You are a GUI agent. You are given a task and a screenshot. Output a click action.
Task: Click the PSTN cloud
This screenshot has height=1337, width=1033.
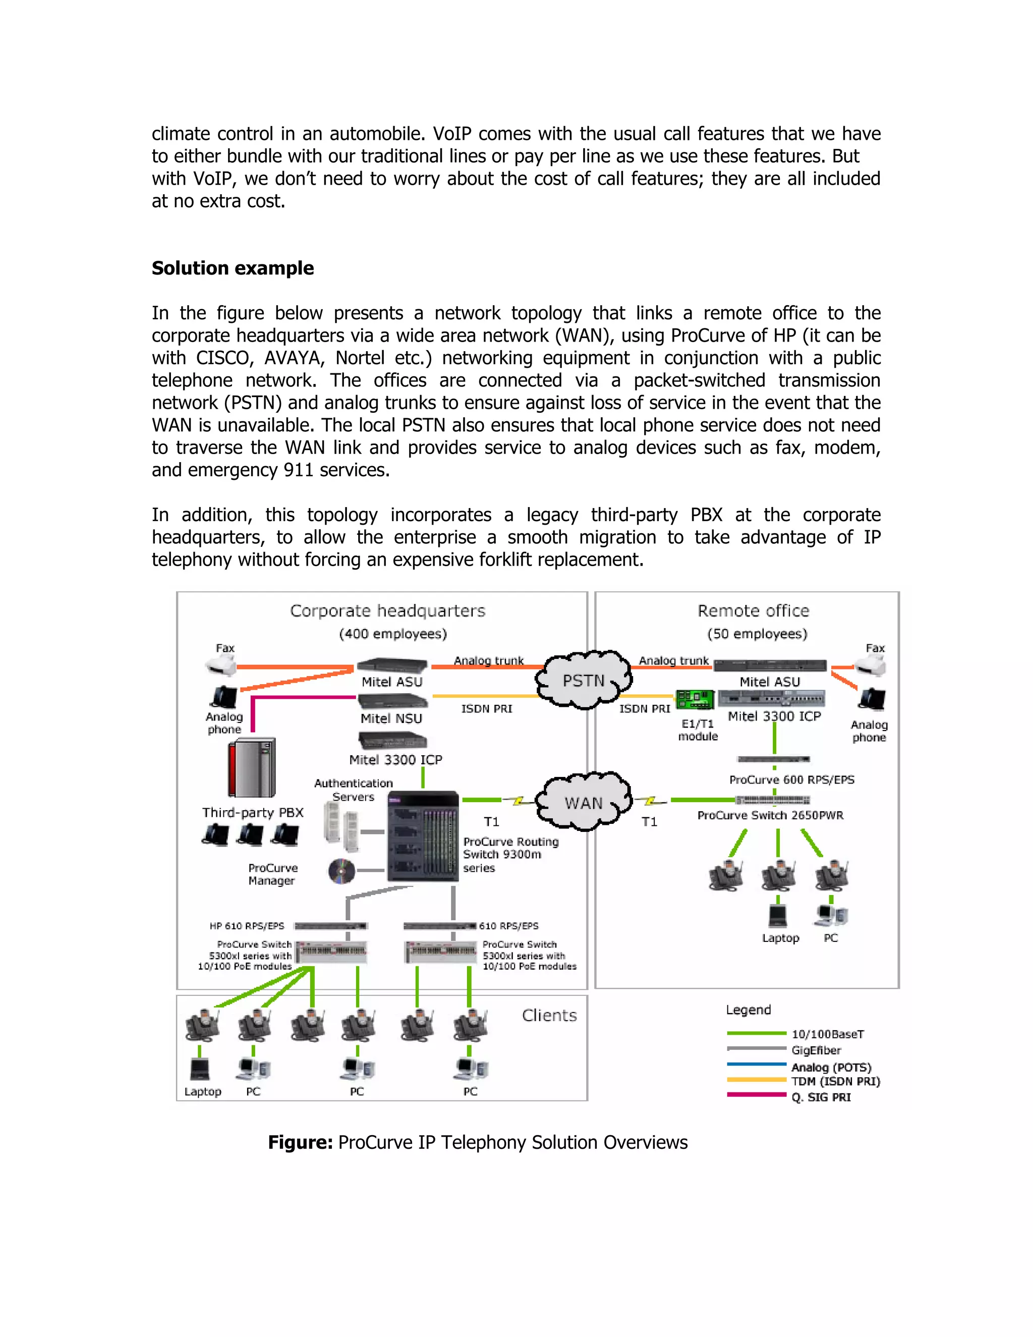pyautogui.click(x=583, y=680)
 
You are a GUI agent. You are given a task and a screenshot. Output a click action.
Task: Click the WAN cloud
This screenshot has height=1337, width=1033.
pyautogui.click(x=583, y=802)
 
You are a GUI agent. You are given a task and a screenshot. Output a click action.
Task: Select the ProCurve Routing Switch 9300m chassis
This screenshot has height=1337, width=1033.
pyautogui.click(x=423, y=836)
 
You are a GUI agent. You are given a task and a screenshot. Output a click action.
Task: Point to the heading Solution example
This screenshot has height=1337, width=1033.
pyautogui.click(x=233, y=268)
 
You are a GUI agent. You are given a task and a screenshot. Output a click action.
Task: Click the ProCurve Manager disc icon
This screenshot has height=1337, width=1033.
pyautogui.click(x=341, y=870)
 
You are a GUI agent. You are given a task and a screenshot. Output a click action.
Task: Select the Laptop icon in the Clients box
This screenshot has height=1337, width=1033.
pyautogui.click(x=200, y=1070)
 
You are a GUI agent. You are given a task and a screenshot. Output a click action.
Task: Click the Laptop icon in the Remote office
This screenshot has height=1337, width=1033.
pyautogui.click(x=778, y=916)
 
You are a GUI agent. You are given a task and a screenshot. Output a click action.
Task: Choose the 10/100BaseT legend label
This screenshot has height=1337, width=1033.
pyautogui.click(x=827, y=1034)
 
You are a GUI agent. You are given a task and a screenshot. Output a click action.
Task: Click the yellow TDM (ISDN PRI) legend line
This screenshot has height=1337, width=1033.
pyautogui.click(x=757, y=1080)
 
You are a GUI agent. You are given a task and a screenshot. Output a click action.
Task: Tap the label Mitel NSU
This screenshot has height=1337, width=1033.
pyautogui.click(x=391, y=718)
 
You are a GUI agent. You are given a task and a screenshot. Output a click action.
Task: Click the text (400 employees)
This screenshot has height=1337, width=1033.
pyautogui.click(x=393, y=634)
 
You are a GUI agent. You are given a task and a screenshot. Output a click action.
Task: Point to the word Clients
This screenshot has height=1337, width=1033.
pyautogui.click(x=549, y=1016)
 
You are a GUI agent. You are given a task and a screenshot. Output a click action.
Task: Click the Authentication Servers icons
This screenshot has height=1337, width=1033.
pyautogui.click(x=341, y=826)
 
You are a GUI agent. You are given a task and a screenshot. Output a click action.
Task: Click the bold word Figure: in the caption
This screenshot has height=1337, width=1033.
pyautogui.click(x=300, y=1142)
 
